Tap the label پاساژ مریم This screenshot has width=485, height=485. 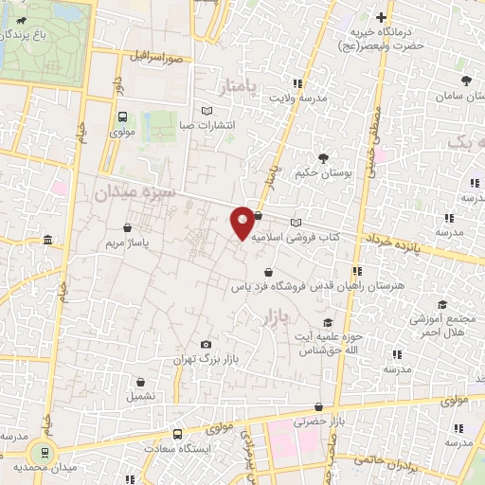point(127,242)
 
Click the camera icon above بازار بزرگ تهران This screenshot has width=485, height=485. point(207,345)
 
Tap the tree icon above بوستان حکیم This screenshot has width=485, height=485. point(324,158)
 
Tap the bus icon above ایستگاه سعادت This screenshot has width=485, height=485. point(179,435)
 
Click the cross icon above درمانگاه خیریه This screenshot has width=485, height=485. point(382,17)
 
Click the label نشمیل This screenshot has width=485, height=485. point(129,395)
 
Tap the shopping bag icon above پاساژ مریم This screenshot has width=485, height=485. point(128,227)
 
